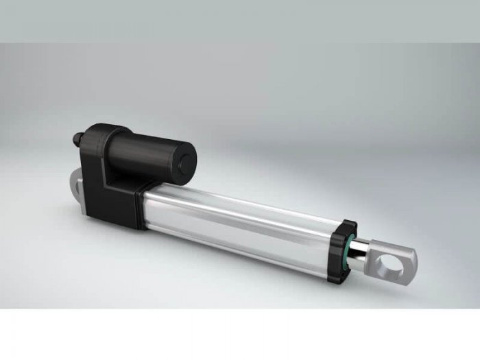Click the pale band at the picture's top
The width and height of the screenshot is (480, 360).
tap(240, 21)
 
